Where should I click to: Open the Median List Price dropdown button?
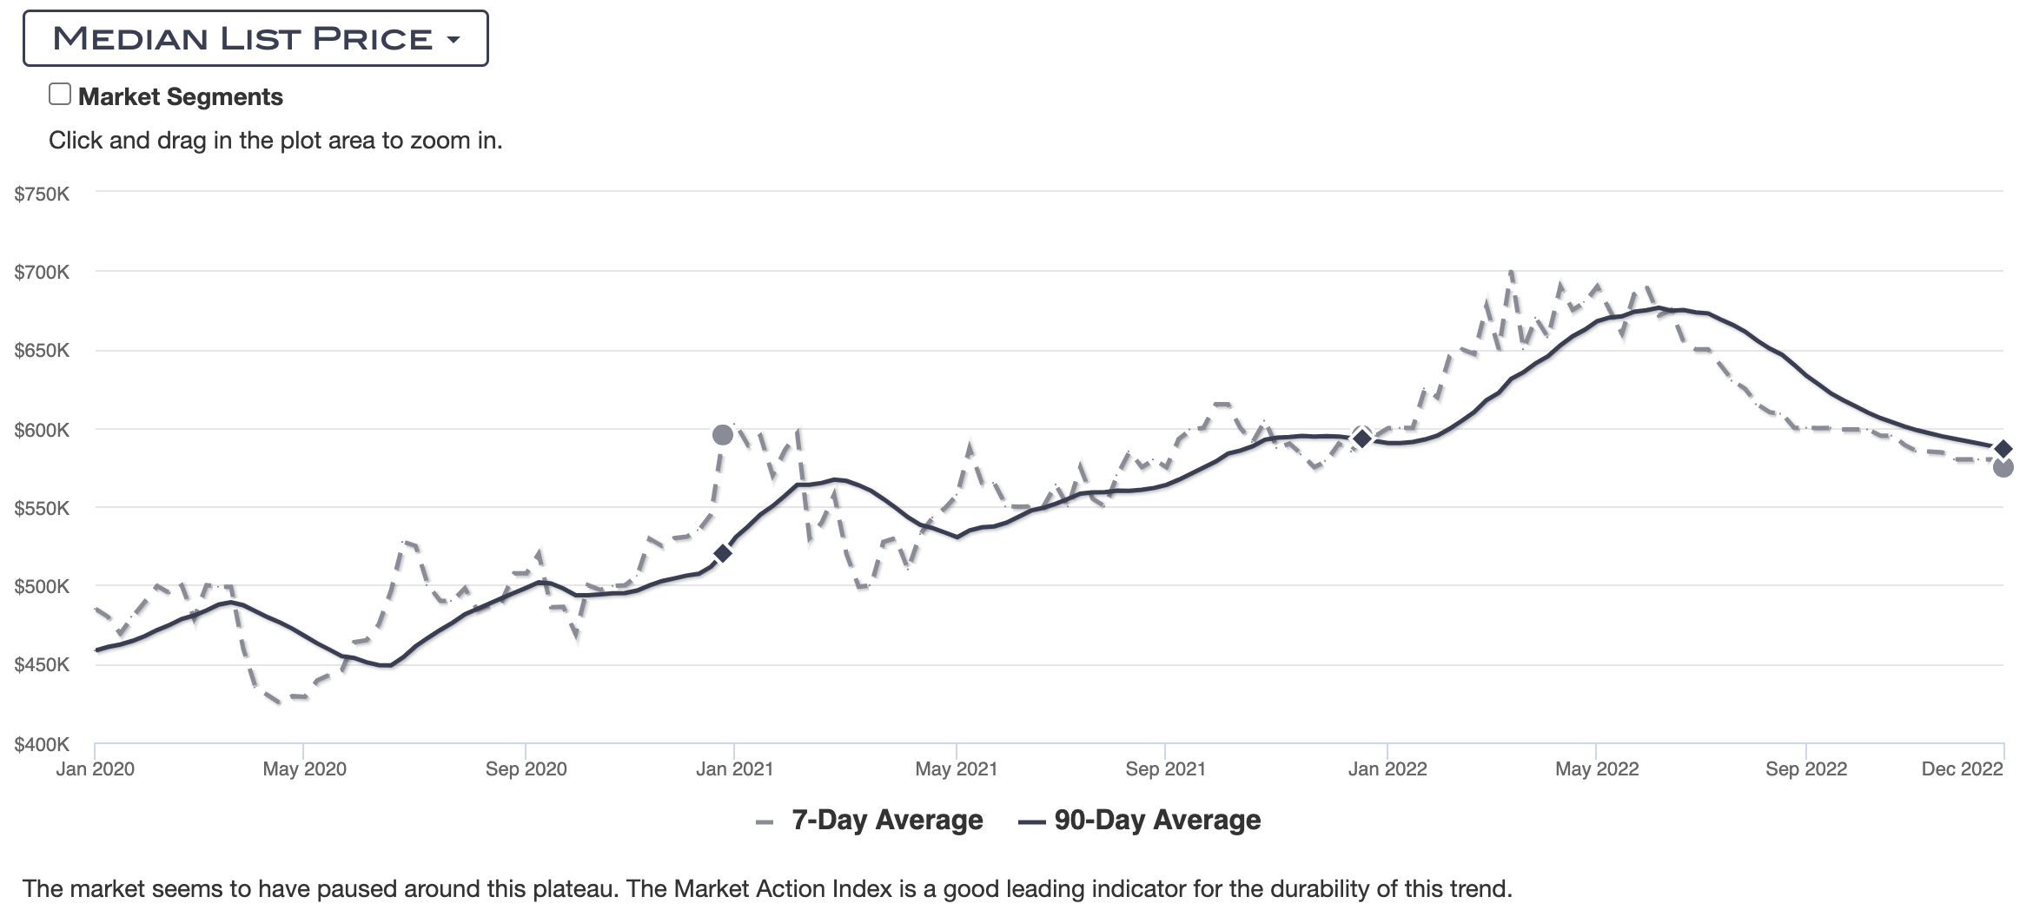point(255,38)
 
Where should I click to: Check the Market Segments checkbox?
point(60,95)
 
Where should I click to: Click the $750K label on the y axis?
point(42,194)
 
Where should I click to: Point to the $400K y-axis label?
point(42,744)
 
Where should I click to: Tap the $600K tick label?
point(42,430)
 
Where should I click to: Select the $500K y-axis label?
point(42,587)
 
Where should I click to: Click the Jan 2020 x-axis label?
point(95,768)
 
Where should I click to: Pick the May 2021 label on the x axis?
point(956,768)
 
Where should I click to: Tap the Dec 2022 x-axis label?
point(1962,768)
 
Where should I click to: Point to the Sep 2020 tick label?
point(526,768)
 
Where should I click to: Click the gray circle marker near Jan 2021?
point(722,435)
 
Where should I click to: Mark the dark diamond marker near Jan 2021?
point(722,553)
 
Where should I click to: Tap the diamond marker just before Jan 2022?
point(1362,439)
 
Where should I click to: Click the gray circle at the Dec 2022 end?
point(2003,468)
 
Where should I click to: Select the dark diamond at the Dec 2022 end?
point(2003,449)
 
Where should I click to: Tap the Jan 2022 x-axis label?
point(1387,768)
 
